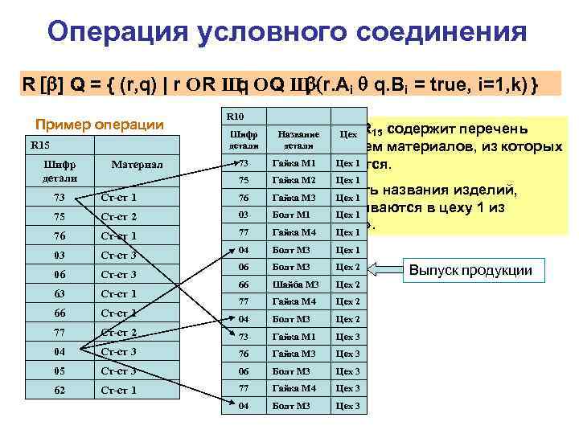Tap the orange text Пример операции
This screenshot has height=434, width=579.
click(x=100, y=125)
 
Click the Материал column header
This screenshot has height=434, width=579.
click(x=137, y=165)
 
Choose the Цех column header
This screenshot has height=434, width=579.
click(x=347, y=135)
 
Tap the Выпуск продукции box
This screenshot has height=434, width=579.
click(x=477, y=269)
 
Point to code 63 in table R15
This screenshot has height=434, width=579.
click(x=60, y=293)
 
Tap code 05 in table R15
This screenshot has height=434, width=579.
click(x=60, y=371)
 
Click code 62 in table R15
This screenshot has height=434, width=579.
click(x=60, y=390)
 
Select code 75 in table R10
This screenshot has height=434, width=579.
click(x=243, y=180)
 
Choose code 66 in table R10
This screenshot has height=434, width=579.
click(x=243, y=285)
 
